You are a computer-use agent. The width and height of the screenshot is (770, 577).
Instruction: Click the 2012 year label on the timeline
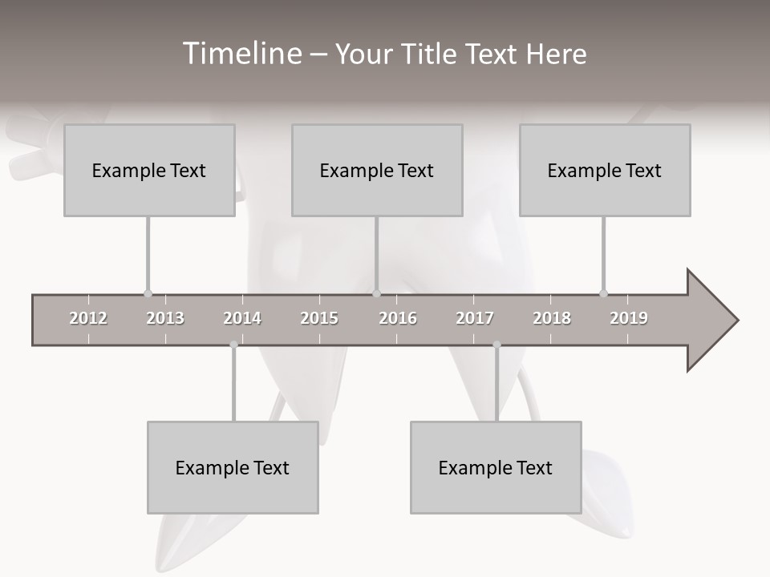coord(88,318)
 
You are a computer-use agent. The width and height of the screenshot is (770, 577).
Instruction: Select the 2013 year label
coord(165,318)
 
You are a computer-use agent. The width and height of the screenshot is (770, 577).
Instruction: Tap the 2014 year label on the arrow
coord(242,318)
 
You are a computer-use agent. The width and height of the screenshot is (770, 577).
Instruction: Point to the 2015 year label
coord(319,318)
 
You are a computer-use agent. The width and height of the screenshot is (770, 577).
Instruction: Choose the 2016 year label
coord(398,318)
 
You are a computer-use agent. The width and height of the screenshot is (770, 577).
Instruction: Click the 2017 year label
coord(475,318)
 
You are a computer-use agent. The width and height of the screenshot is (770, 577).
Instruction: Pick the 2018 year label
coord(552,318)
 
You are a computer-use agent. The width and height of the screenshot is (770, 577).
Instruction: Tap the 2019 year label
coord(629,318)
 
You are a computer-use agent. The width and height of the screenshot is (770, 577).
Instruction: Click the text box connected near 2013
coord(149,170)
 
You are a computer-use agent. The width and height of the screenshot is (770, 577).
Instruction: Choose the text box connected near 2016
coord(377,170)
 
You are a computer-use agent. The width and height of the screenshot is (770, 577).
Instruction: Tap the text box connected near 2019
coord(605,170)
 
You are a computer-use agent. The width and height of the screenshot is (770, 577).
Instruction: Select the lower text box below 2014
coord(233,467)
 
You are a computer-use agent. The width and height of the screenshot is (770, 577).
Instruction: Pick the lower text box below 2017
coord(496,467)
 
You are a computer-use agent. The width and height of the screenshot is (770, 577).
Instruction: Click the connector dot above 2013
coord(148,293)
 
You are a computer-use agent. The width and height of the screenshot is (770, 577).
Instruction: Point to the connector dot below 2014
coord(233,345)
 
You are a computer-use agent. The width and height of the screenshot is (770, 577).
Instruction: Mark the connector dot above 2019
coord(603,293)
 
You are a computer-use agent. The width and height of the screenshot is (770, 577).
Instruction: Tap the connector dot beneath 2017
coord(496,345)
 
